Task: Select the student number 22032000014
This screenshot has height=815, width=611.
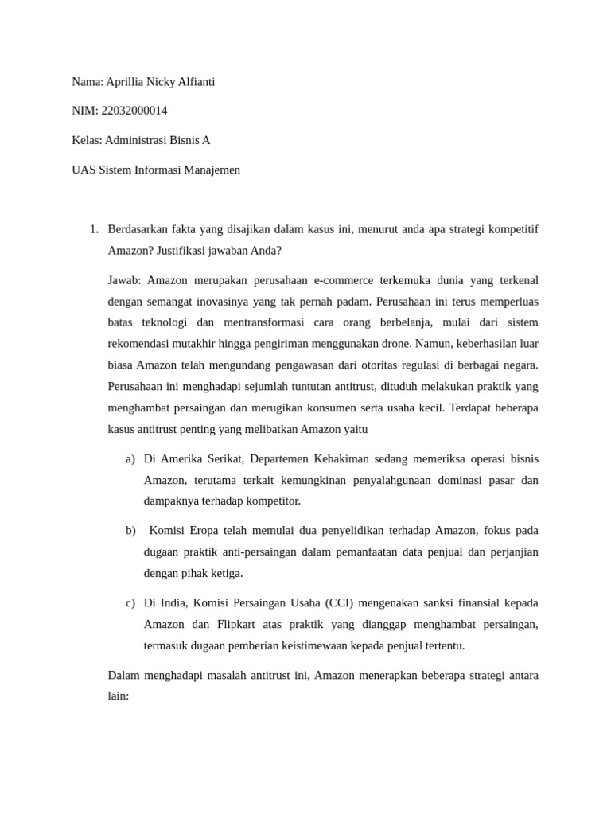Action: point(135,111)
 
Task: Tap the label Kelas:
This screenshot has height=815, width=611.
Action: point(87,140)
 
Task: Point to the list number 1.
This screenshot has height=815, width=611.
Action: point(93,229)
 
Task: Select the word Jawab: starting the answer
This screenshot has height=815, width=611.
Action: point(124,280)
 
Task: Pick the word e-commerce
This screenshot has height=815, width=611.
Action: point(346,280)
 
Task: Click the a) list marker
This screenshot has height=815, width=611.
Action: point(130,459)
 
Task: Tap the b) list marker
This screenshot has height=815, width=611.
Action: point(130,531)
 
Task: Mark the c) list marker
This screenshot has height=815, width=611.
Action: point(130,603)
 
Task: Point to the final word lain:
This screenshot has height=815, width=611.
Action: point(118,696)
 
